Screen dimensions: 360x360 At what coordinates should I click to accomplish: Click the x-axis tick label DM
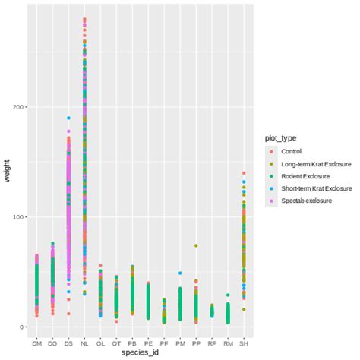[36, 343]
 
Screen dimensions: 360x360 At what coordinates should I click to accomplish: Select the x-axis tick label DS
[68, 343]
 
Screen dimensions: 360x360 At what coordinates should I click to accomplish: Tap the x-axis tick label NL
[84, 343]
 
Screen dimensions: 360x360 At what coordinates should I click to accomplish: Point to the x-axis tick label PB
[132, 343]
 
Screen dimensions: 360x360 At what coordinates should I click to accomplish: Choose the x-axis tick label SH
[244, 343]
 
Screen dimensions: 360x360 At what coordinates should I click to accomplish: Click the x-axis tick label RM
[228, 343]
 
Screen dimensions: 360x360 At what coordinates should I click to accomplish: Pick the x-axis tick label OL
[100, 343]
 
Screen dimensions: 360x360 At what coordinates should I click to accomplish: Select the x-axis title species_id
[140, 354]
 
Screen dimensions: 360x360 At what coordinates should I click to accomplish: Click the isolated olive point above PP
[196, 246]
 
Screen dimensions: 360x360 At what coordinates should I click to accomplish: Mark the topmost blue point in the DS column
[68, 118]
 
